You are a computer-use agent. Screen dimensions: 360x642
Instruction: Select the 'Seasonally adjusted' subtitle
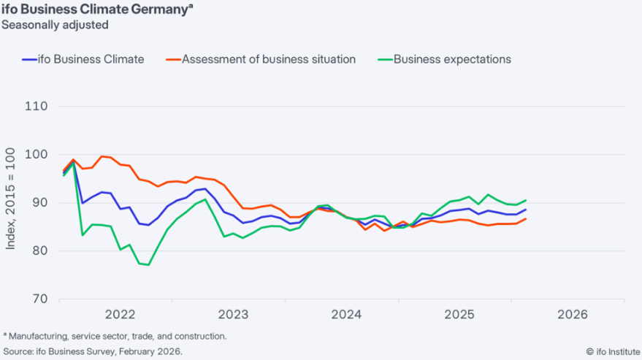pos(55,25)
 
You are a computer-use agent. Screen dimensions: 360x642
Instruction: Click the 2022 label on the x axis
pos(121,315)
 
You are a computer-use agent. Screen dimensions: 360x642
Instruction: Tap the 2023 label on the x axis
pos(234,315)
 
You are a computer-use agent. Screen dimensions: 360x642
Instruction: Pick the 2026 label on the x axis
pos(573,315)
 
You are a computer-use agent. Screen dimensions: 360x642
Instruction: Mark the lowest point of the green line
pos(149,265)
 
